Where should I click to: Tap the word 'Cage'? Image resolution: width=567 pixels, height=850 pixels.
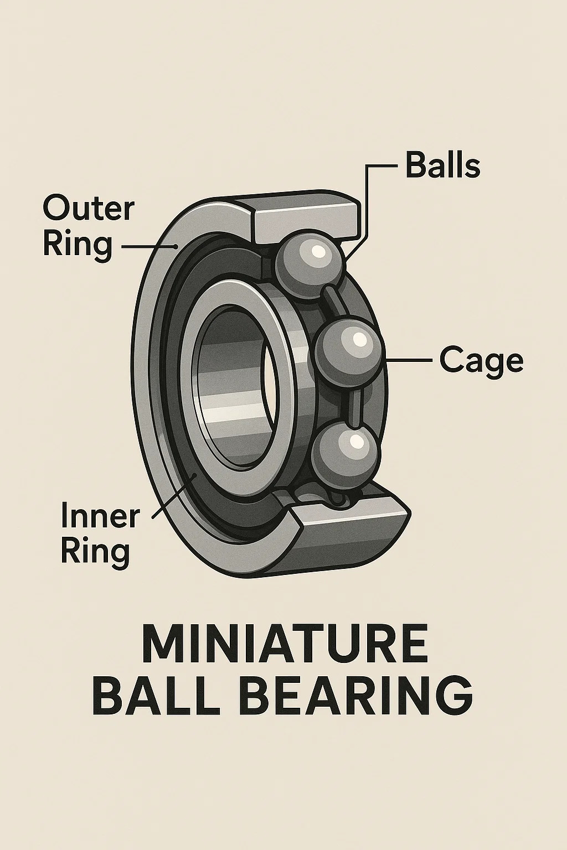[x=481, y=360]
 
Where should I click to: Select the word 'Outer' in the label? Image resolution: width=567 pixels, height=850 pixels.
[x=88, y=209]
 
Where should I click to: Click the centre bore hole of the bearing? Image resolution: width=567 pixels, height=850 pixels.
[x=235, y=382]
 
